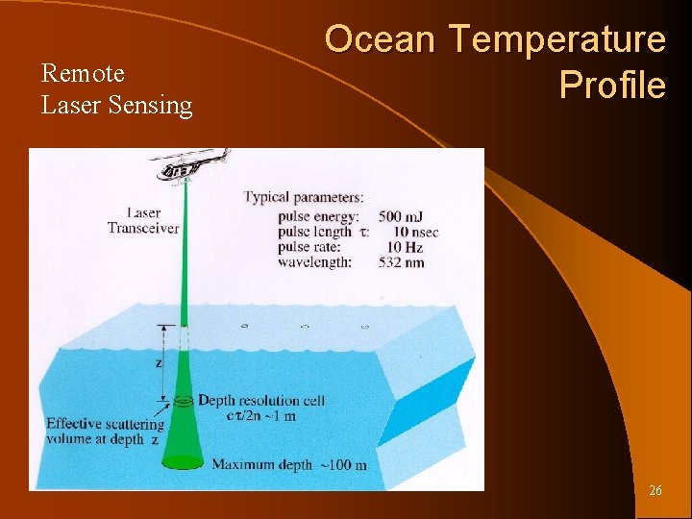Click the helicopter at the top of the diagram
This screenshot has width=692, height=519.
190,165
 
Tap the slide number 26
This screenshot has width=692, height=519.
655,490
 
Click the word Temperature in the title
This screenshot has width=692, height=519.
557,40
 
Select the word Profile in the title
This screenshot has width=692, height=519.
612,86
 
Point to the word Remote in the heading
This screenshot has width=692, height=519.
83,73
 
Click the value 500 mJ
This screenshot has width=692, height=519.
403,217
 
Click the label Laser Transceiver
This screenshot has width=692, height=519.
143,220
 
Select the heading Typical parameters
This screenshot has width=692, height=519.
303,197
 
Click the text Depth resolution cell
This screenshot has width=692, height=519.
260,400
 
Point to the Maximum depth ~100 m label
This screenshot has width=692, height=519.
289,465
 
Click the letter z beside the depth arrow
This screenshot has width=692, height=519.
158,364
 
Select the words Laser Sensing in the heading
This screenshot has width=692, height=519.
116,105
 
